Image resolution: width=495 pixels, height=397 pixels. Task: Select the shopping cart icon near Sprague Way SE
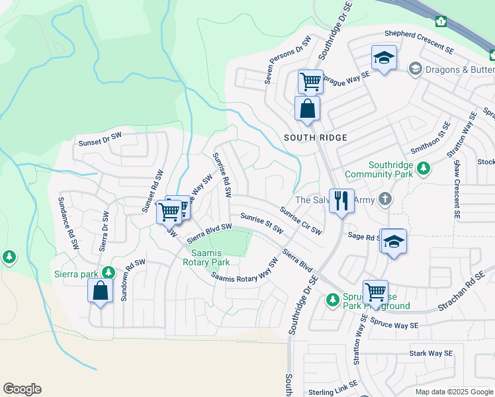(x=310, y=82)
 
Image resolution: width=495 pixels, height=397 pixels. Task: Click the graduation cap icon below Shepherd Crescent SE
(x=384, y=58)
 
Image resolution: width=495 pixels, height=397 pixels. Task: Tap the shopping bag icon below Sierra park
(x=100, y=292)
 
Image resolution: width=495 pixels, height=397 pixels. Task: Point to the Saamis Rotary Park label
(x=210, y=257)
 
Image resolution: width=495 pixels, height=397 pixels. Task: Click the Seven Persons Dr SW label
(x=287, y=60)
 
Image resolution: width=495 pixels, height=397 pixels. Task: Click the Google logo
(x=22, y=389)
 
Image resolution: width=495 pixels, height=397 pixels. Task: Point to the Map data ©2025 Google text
(x=454, y=391)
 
